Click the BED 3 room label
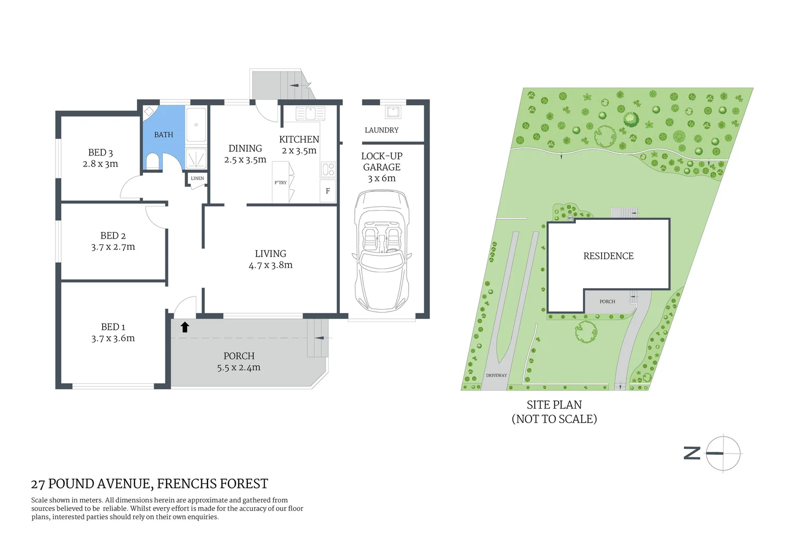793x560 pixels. (100, 152)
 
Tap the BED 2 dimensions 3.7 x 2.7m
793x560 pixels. (113, 247)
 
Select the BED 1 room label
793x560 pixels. (113, 327)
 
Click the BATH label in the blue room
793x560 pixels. (163, 135)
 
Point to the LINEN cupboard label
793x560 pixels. (197, 178)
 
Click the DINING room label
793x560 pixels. (245, 148)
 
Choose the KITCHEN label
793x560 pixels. (299, 139)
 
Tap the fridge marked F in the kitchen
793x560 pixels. (328, 191)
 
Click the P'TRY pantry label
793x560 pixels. (280, 183)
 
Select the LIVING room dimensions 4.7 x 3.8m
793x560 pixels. (270, 265)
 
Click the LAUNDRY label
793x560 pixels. (381, 130)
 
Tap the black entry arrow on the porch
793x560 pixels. (185, 327)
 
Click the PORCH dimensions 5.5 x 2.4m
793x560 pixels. (239, 368)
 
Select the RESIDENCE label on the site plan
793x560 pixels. (608, 256)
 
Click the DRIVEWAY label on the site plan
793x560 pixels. (496, 375)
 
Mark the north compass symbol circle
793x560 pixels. (724, 453)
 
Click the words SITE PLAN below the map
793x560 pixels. (554, 405)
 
